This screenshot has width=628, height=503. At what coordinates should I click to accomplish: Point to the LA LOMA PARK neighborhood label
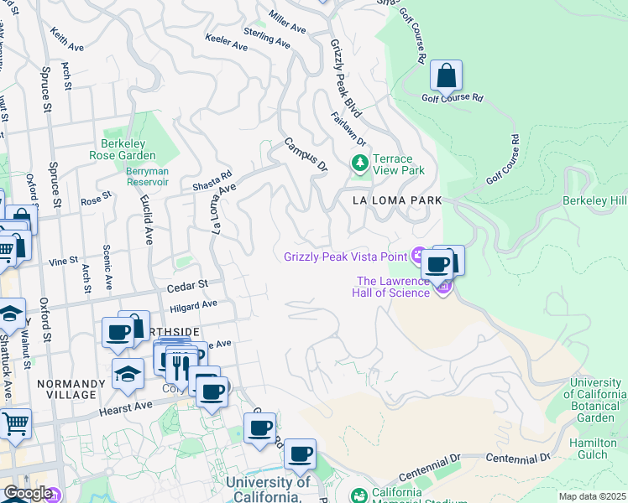click(x=396, y=201)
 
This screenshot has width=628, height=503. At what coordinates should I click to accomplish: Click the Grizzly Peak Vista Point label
click(x=345, y=257)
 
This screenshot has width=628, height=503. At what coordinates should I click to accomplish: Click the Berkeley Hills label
click(x=594, y=201)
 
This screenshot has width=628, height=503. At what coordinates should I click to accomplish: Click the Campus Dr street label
click(x=305, y=155)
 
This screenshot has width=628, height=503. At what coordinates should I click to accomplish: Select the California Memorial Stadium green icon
click(x=359, y=495)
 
